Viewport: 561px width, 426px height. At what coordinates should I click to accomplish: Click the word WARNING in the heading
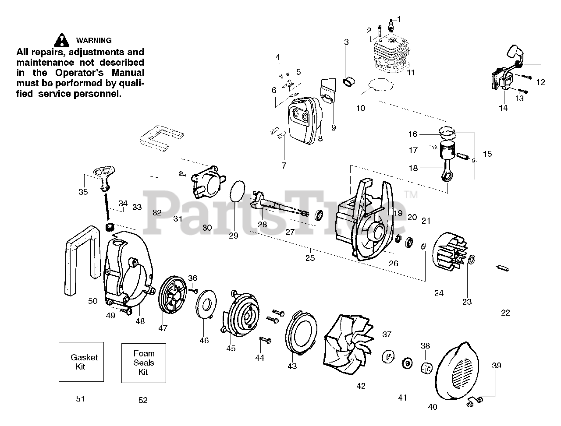click(x=94, y=40)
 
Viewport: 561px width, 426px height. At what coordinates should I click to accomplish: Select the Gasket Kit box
click(x=82, y=362)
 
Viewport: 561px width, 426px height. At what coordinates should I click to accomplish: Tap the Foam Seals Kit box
click(x=144, y=363)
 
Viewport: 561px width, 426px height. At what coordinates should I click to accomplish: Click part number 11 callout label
click(x=410, y=73)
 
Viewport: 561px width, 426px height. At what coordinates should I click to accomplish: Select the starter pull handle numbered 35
click(x=104, y=181)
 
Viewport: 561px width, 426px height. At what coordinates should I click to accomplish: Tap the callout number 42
click(x=361, y=386)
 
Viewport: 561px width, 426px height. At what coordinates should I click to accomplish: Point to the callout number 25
click(x=310, y=258)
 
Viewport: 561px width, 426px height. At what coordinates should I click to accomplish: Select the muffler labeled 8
click(x=302, y=120)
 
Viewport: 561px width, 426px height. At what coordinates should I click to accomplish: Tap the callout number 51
click(x=80, y=398)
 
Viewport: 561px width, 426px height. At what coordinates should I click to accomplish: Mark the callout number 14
click(x=503, y=108)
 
